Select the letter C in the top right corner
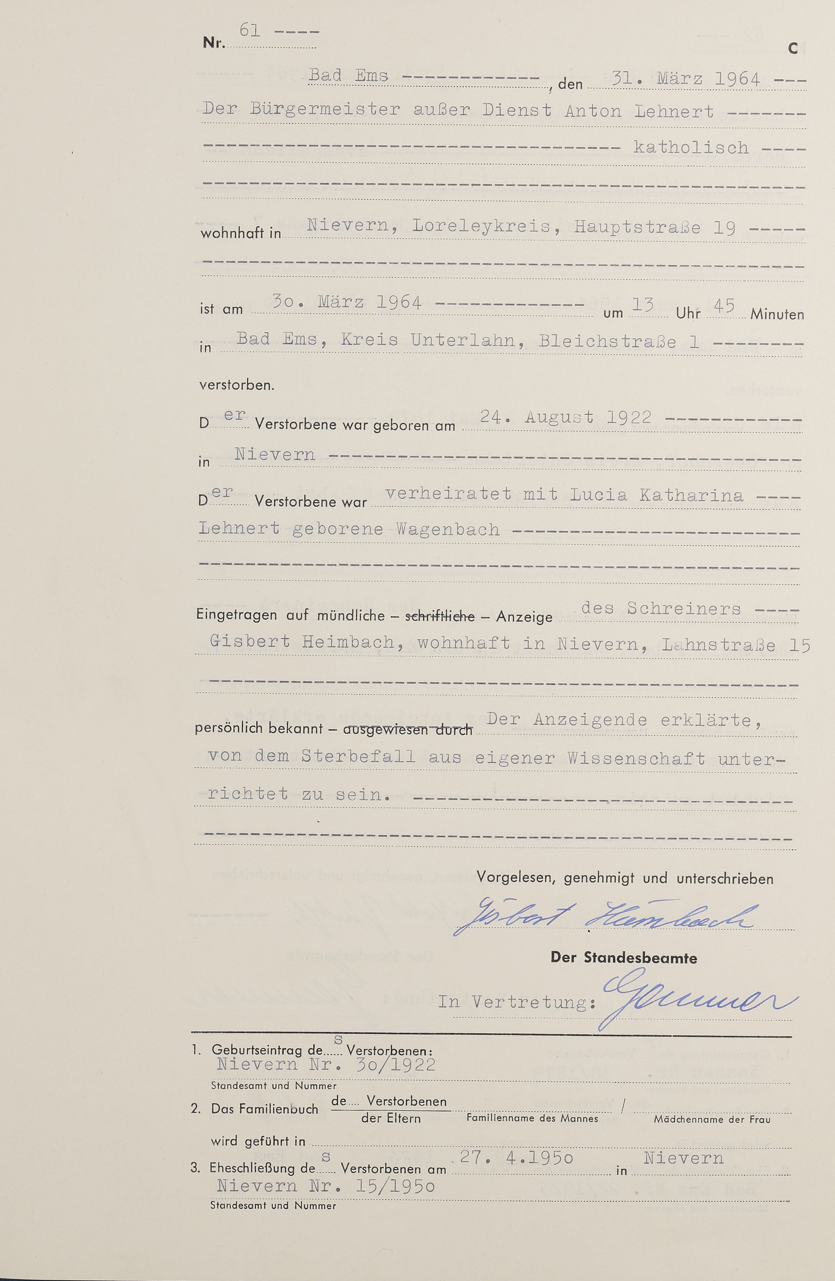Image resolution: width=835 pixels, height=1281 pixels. click(x=793, y=49)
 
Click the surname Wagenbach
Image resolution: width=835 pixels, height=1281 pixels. click(x=448, y=529)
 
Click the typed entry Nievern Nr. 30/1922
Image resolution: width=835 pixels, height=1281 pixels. click(x=325, y=1065)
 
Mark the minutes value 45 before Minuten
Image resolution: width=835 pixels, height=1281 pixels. click(x=724, y=306)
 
